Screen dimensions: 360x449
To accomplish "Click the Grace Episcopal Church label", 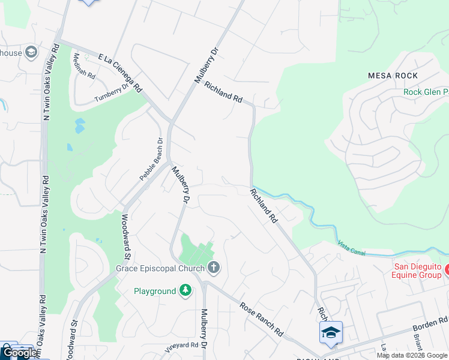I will [161, 268].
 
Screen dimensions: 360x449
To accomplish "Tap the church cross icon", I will [213, 268].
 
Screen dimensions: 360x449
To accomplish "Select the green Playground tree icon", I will [186, 291].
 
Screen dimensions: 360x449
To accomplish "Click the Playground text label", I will [154, 291].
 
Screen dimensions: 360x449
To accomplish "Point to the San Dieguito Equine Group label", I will [417, 271].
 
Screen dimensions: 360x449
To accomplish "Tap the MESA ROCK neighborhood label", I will [393, 76].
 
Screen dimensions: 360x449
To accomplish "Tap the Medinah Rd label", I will [84, 67].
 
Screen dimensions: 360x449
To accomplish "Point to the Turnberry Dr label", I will [112, 93].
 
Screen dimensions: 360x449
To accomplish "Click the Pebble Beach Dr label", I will [151, 160].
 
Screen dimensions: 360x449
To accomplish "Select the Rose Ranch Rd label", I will [261, 319].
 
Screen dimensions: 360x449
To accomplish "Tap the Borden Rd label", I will [431, 325].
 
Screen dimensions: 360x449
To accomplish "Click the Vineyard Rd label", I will [181, 346].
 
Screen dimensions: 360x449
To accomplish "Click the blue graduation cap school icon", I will [331, 333].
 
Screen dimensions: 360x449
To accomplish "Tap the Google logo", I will [20, 353].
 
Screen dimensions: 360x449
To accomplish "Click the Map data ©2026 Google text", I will [412, 355].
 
